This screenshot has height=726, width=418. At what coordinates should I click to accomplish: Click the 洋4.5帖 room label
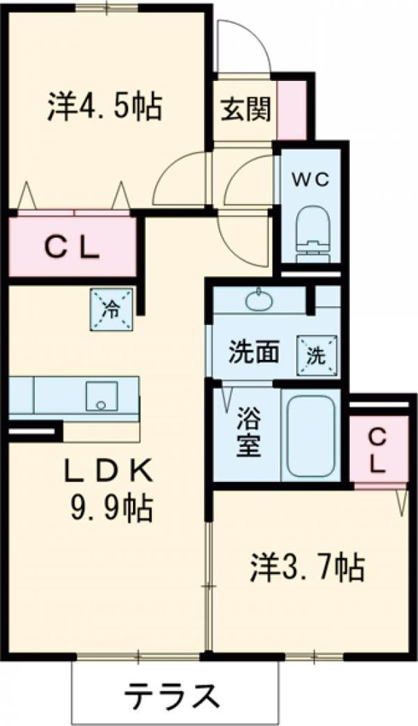coord(104,107)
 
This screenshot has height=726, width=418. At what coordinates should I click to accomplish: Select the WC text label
coord(311,179)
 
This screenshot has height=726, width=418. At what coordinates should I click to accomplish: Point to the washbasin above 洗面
coord(259,300)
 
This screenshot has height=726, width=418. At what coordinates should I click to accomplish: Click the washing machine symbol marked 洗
coord(317,355)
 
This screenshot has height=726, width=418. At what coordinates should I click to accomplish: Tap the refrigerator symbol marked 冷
coord(111,309)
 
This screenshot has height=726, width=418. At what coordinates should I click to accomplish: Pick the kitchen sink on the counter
coord(101,396)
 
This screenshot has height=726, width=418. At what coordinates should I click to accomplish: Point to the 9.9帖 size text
coord(111,509)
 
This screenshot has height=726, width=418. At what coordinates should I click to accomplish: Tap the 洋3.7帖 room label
coord(308,568)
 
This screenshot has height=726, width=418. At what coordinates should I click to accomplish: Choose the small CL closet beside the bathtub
coord(379,448)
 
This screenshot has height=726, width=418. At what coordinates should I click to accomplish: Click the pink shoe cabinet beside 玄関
coord(292,110)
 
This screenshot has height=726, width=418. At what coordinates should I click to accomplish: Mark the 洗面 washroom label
coord(254,354)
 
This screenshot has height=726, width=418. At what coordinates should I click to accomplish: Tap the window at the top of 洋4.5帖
coord(107,8)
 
